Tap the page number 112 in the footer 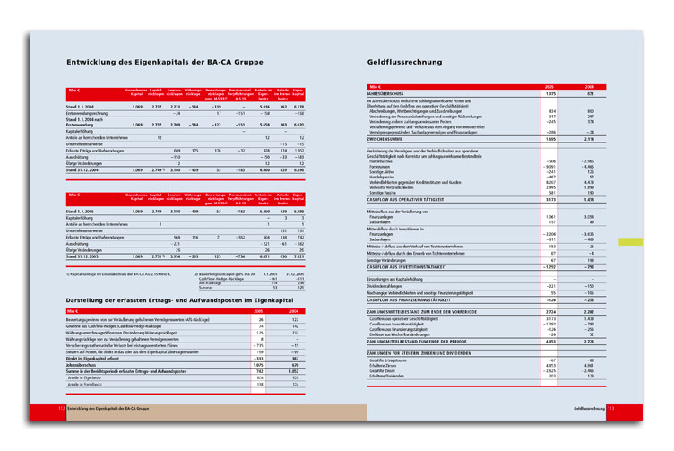coord(61,409)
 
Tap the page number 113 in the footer coord(609,409)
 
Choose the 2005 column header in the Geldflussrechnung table coord(551,86)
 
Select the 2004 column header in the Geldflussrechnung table coord(590,86)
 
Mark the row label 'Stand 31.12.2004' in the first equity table coord(86,169)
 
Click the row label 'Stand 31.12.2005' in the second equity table coord(86,256)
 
